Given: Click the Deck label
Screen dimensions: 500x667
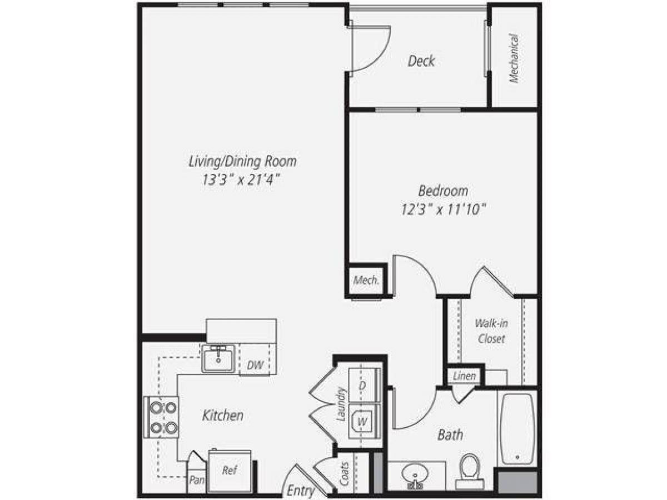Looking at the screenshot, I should (421, 61).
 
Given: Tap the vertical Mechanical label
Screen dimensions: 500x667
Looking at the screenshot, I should (514, 59).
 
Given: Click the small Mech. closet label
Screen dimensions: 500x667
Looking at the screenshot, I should (366, 280).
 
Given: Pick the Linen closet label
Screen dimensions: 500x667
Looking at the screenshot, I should (465, 376).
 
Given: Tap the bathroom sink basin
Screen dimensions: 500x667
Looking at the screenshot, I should (415, 476).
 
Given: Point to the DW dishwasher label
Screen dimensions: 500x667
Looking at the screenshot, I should (255, 365).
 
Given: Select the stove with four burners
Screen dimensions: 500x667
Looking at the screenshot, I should (161, 417).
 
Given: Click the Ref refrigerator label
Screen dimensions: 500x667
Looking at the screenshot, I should (229, 471).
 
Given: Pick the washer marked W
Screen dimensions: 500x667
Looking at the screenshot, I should (362, 422).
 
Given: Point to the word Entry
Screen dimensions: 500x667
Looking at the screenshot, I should (300, 491).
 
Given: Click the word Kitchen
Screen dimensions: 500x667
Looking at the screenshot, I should (222, 415).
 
